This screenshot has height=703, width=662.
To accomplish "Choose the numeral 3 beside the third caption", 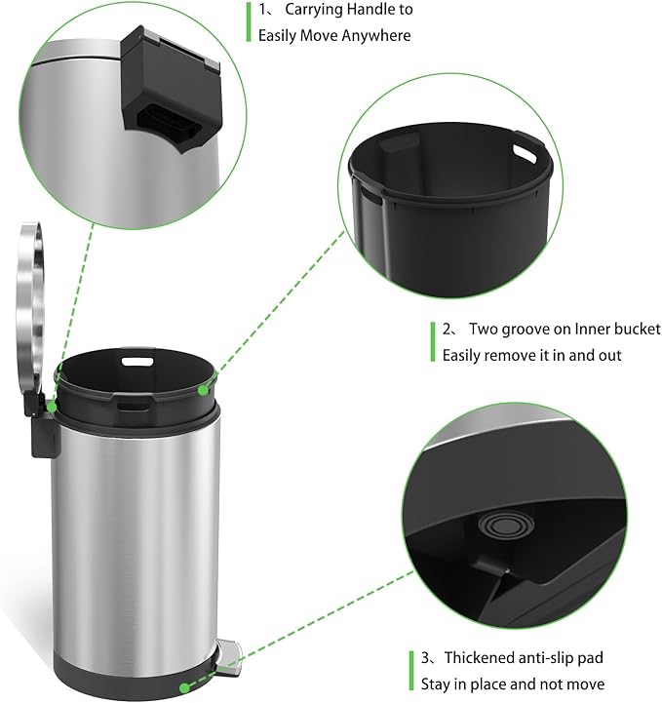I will (425, 658).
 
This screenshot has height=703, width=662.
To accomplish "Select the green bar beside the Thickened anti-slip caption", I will (411, 670).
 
